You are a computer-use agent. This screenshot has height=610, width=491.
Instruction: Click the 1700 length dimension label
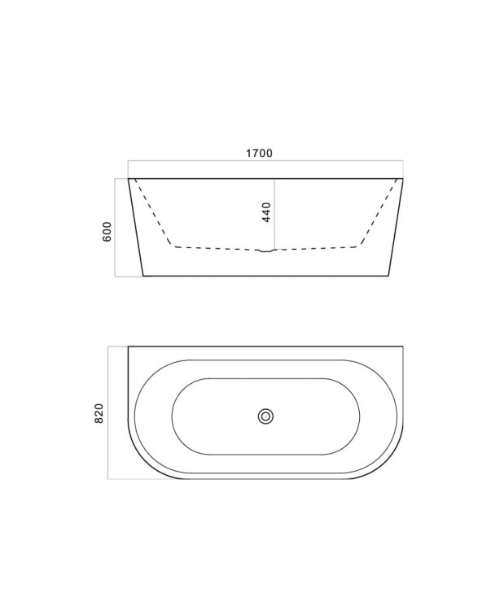click(x=259, y=153)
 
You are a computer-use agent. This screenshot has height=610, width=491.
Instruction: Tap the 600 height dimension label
click(x=107, y=232)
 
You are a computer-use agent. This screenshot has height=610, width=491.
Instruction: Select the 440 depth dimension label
click(x=266, y=212)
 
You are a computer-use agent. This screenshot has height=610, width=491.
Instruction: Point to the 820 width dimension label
click(x=99, y=413)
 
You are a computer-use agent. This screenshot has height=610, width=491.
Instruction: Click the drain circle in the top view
click(x=265, y=416)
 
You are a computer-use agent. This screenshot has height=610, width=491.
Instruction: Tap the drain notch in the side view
click(x=266, y=251)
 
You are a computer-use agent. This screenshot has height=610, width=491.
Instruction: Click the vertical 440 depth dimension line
click(x=275, y=214)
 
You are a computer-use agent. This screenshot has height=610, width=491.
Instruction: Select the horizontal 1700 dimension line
click(x=265, y=160)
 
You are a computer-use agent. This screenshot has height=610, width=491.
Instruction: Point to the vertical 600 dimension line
click(x=115, y=227)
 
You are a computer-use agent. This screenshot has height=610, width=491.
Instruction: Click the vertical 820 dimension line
click(x=107, y=412)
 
